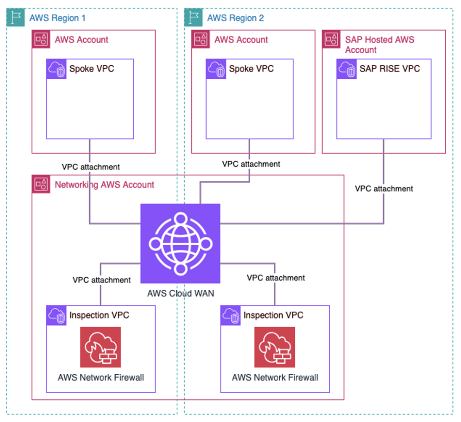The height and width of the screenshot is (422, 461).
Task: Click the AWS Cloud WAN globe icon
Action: click(x=180, y=243)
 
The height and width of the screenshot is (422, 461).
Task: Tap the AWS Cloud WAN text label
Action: click(x=180, y=294)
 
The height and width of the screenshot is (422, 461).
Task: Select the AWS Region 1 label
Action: click(x=57, y=18)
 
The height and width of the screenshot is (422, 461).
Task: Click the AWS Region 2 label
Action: click(x=235, y=18)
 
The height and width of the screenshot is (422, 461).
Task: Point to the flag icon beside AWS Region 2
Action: click(x=194, y=17)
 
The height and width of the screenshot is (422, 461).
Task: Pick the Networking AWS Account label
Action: click(x=104, y=184)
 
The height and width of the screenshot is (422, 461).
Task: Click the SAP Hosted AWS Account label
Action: click(x=379, y=45)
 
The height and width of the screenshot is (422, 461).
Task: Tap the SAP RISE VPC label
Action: click(x=389, y=69)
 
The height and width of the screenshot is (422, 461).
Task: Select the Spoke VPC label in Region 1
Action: click(x=91, y=69)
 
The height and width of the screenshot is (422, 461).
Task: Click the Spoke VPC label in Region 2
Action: click(x=251, y=69)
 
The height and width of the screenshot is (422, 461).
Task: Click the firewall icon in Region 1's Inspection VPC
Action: click(x=100, y=347)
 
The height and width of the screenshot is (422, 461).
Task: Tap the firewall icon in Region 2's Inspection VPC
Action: click(x=275, y=347)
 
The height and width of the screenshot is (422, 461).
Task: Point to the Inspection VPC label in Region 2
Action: click(x=273, y=315)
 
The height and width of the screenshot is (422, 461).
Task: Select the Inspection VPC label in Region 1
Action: click(x=99, y=315)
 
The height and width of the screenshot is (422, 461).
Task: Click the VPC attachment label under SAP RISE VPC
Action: click(x=384, y=189)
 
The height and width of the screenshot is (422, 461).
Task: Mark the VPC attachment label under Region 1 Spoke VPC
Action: click(x=90, y=167)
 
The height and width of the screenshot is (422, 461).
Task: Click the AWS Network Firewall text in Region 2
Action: click(x=275, y=377)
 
